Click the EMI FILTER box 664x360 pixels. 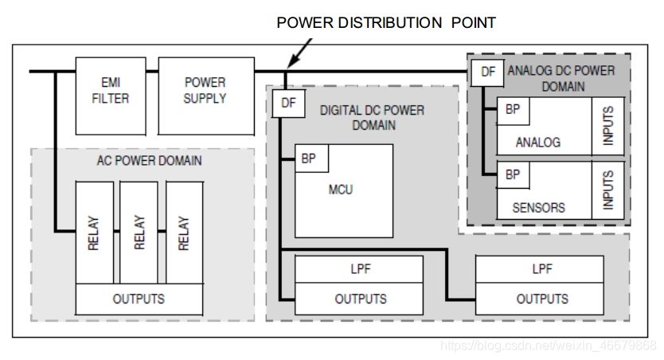click(x=110, y=95)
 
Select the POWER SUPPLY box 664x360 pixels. click(x=205, y=95)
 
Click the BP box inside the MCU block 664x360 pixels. click(x=308, y=158)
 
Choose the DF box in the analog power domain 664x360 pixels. click(x=487, y=72)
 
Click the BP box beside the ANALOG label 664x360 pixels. click(x=513, y=110)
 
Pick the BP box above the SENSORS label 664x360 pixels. click(x=513, y=174)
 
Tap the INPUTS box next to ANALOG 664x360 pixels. click(x=608, y=126)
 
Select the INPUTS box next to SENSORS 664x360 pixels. click(x=608, y=190)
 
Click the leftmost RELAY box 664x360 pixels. click(x=94, y=232)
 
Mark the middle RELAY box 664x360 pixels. click(x=139, y=232)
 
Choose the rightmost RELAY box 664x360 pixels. click(x=184, y=232)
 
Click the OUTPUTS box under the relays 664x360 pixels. click(x=139, y=299)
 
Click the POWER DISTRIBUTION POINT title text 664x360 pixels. click(x=386, y=22)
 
